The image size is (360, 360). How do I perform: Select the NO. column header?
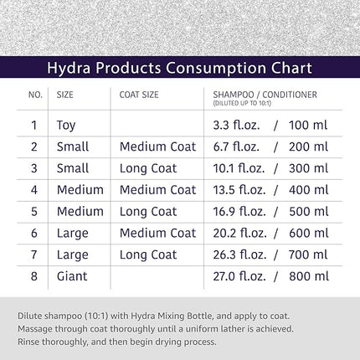click(34, 95)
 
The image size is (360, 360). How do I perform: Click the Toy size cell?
click(65, 126)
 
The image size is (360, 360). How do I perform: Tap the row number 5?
click(34, 211)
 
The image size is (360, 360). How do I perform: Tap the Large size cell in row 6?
click(71, 233)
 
